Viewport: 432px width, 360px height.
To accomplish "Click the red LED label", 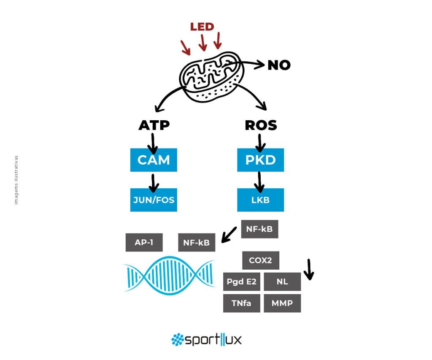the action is (202, 27).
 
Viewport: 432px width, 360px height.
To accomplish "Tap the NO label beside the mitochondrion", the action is (279, 65).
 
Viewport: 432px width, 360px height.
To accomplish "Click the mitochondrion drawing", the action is (211, 77).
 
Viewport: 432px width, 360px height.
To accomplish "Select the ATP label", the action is (154, 125).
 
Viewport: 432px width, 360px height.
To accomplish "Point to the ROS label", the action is (261, 125).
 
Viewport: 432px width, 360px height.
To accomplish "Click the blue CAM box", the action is (154, 160).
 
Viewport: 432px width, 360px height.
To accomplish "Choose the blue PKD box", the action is (260, 160).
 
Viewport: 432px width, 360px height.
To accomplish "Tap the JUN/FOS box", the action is (154, 200).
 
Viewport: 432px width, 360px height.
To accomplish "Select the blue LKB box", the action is (260, 200).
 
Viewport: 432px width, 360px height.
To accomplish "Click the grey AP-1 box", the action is (144, 242).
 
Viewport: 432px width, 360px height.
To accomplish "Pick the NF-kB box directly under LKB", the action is (259, 229).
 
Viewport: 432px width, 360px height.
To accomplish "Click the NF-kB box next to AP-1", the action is (197, 243).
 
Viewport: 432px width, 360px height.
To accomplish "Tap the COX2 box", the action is (261, 260).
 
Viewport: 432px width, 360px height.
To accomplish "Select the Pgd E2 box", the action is (242, 282).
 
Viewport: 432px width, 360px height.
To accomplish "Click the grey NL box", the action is (282, 282).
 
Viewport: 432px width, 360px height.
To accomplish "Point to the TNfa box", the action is (242, 303).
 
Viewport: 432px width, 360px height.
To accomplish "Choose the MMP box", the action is (282, 303).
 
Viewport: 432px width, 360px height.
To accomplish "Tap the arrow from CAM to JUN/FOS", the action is (153, 183).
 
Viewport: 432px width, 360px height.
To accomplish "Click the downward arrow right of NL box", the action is (309, 270).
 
